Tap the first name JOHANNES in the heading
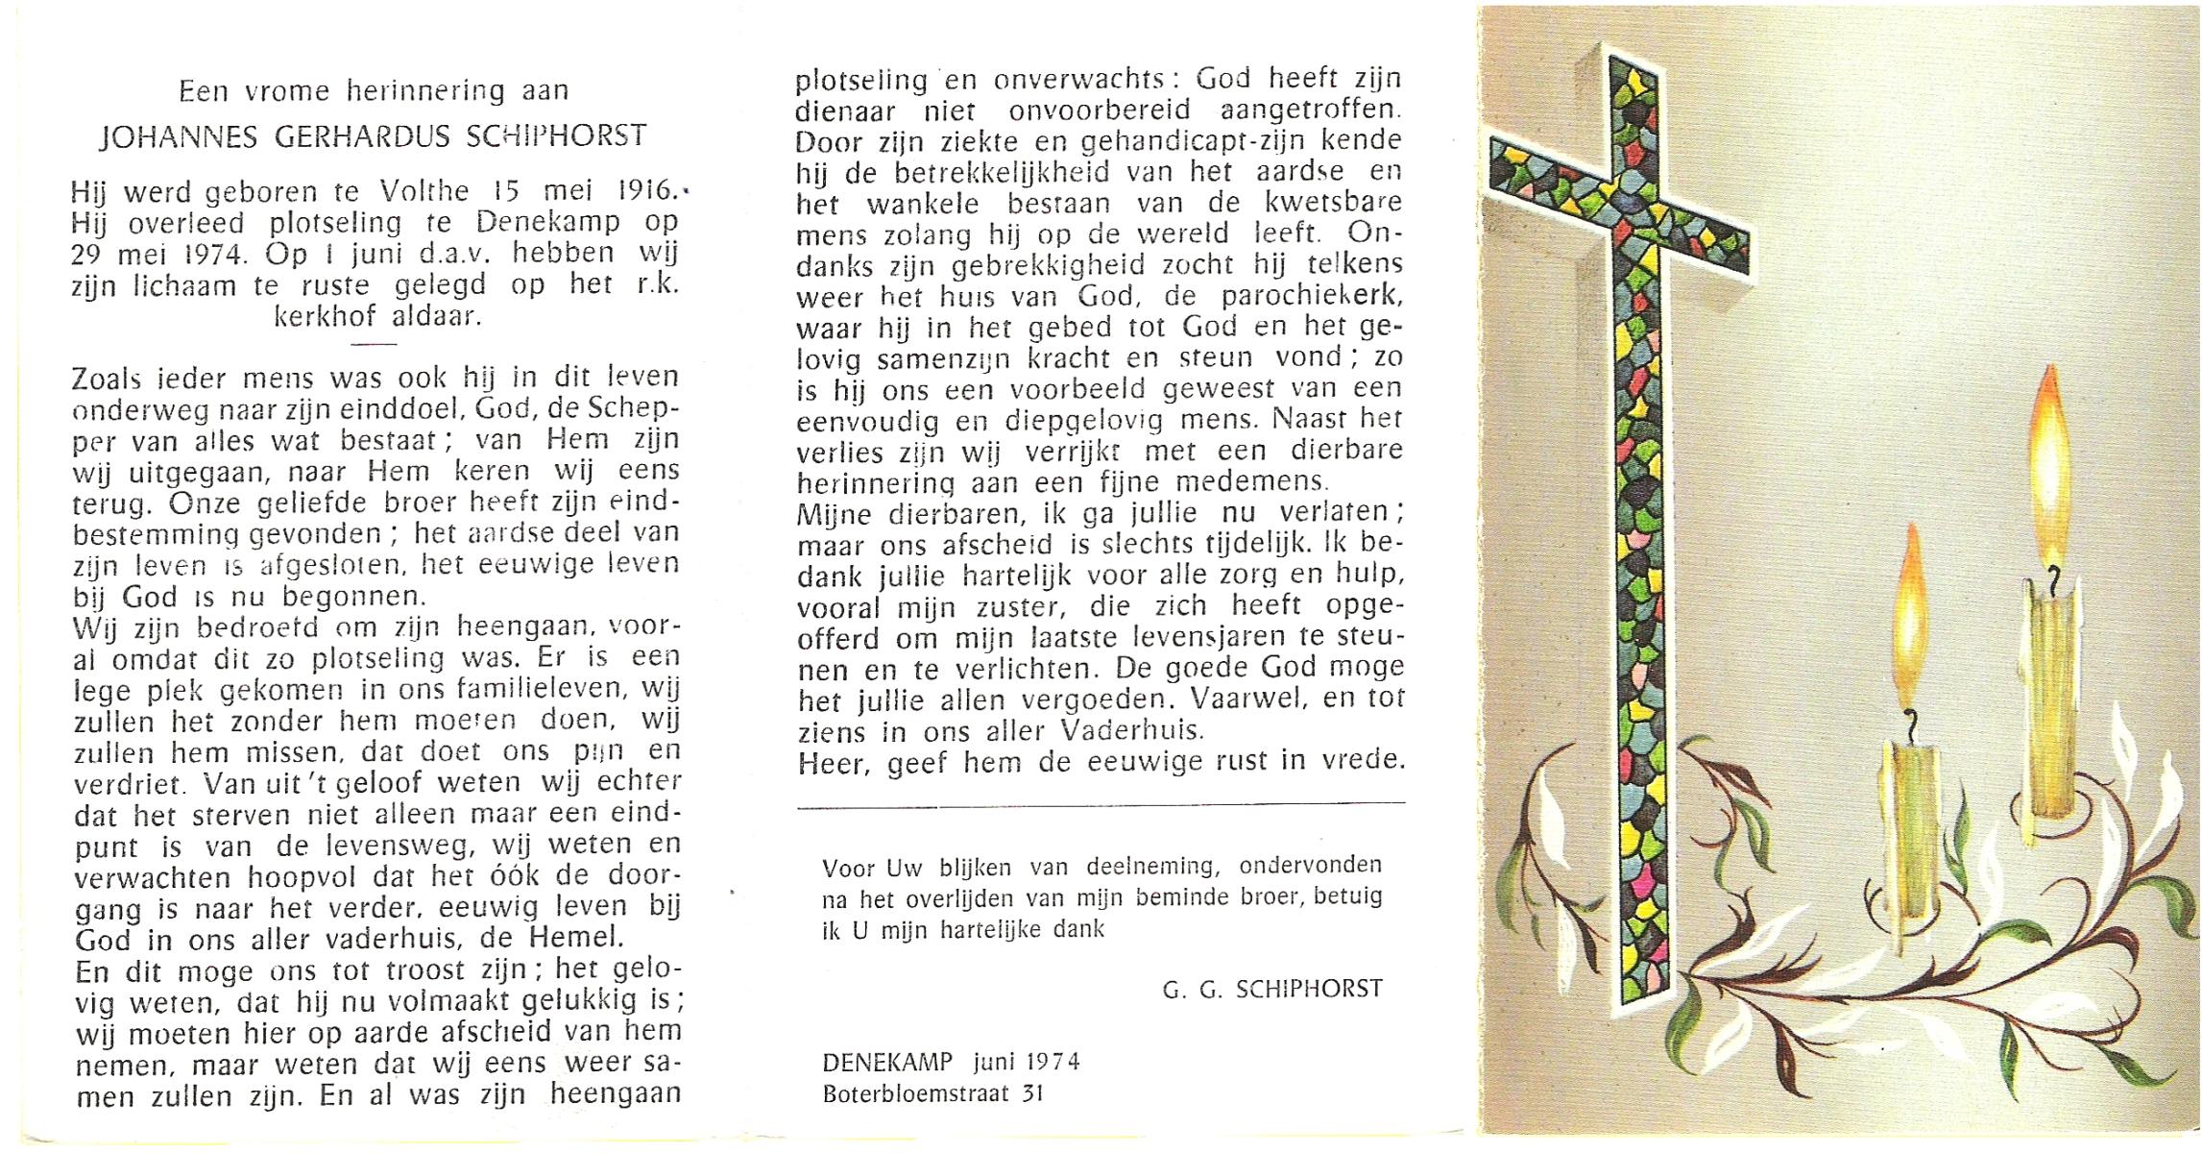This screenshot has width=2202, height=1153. (x=179, y=137)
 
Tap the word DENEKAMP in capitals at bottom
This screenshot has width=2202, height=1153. (x=887, y=1062)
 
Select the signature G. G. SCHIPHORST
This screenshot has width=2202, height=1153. (x=1272, y=989)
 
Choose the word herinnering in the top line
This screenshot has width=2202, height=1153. (x=425, y=91)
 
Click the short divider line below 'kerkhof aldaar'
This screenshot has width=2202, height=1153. (x=374, y=343)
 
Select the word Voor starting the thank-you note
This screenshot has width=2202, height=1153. (x=848, y=869)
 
